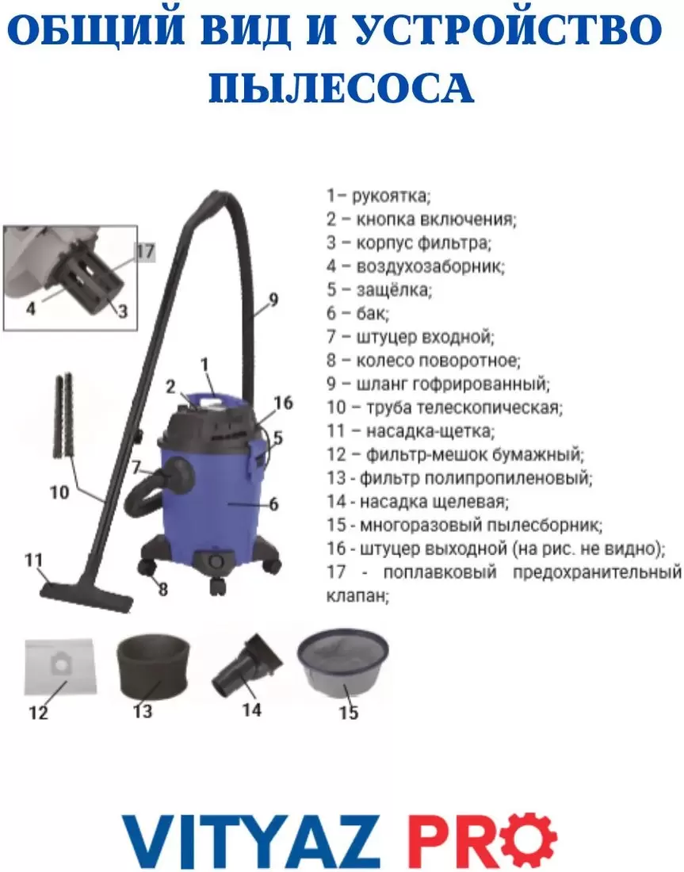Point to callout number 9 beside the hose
click(273, 300)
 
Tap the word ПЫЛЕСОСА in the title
click(342, 88)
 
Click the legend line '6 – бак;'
click(357, 313)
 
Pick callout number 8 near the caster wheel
click(163, 589)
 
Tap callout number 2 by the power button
click(170, 387)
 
